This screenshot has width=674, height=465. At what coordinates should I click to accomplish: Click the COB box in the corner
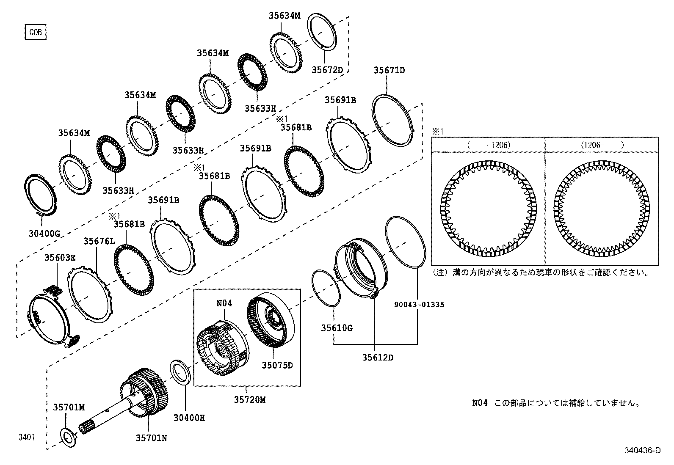click(x=35, y=32)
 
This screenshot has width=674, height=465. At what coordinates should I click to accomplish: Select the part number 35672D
click(x=327, y=70)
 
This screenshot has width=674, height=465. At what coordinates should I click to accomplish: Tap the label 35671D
click(x=389, y=70)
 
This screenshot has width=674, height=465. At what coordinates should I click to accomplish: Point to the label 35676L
click(x=99, y=241)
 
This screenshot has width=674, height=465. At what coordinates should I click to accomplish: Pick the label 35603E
click(x=61, y=257)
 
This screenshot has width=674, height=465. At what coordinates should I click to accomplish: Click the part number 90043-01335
click(x=418, y=304)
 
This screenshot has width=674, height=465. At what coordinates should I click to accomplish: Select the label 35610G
click(x=337, y=328)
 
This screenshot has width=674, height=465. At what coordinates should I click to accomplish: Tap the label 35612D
click(x=377, y=358)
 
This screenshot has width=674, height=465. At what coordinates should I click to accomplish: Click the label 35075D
click(x=277, y=365)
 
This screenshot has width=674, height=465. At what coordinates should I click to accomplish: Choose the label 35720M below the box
click(x=249, y=399)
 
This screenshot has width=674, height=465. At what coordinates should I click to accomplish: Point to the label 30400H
click(x=189, y=418)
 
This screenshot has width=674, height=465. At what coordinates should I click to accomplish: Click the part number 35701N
click(x=151, y=438)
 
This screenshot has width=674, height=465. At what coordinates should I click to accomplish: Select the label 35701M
click(x=69, y=407)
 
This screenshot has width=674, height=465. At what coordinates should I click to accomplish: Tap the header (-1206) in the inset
click(x=489, y=145)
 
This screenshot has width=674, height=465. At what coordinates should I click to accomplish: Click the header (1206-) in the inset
click(x=602, y=145)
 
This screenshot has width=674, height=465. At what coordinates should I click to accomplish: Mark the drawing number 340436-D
click(x=642, y=451)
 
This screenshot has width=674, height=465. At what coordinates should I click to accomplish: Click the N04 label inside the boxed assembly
click(x=224, y=303)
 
